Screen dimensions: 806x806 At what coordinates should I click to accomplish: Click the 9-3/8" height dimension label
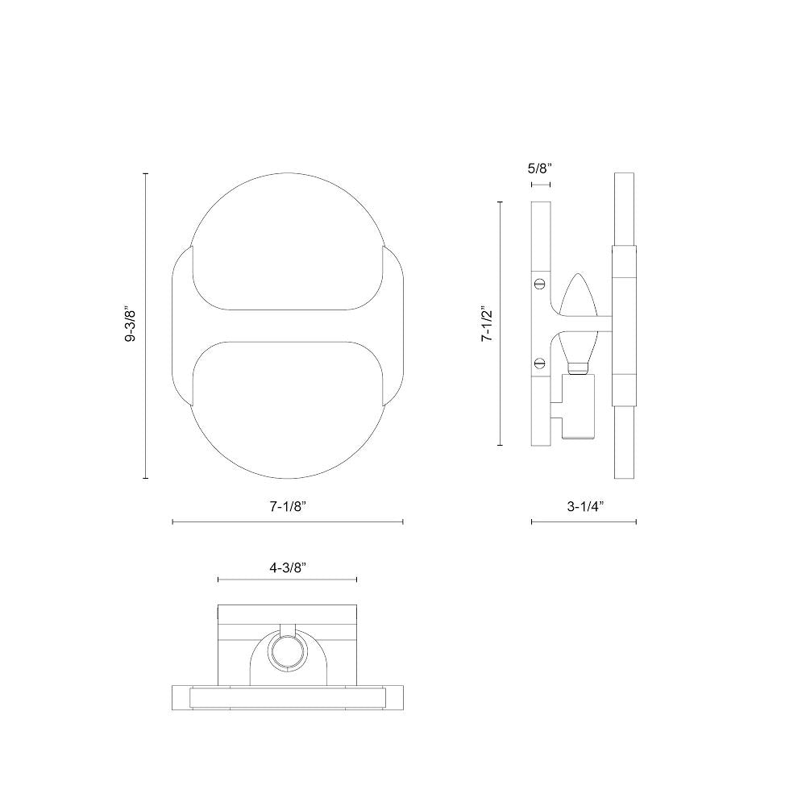point(131,326)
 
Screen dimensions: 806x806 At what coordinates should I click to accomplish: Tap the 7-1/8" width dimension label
point(288,506)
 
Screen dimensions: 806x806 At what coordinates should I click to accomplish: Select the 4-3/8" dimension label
point(288,567)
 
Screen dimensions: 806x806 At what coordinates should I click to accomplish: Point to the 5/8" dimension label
point(540,168)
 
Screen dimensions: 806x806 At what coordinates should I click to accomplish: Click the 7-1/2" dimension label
point(487,326)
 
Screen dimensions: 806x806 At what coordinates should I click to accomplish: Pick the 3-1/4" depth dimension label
point(585,506)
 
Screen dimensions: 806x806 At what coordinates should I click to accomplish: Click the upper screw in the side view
point(540,282)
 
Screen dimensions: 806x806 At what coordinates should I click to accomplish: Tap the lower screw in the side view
point(540,363)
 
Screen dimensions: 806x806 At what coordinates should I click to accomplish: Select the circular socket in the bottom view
point(288,654)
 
